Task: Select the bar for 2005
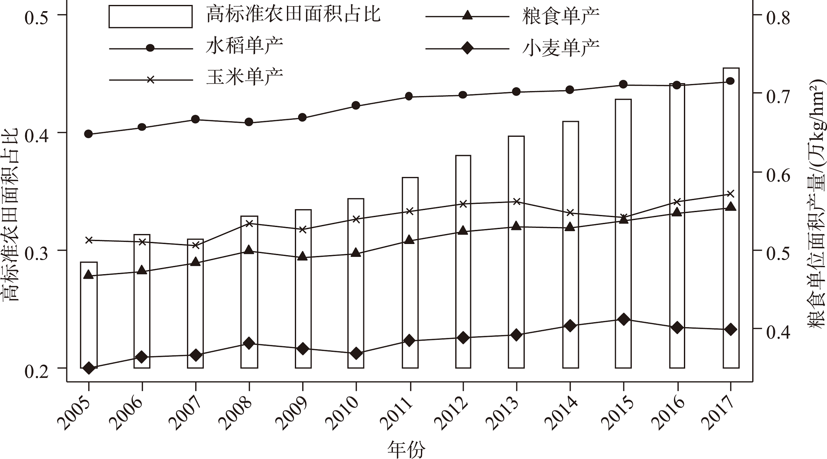(x=88, y=315)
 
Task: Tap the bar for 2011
(x=410, y=273)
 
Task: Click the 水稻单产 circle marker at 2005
(x=88, y=134)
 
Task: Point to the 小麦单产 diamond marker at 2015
(x=624, y=319)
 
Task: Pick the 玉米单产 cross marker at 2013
(x=516, y=202)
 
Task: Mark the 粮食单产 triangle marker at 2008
(x=249, y=250)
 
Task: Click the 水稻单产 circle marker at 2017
(x=730, y=81)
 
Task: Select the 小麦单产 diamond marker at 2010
(x=356, y=354)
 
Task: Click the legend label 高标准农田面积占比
(x=293, y=15)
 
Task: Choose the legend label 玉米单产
(x=245, y=77)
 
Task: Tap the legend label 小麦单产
(x=560, y=48)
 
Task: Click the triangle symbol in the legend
(x=467, y=16)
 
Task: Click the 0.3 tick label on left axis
(x=40, y=250)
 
